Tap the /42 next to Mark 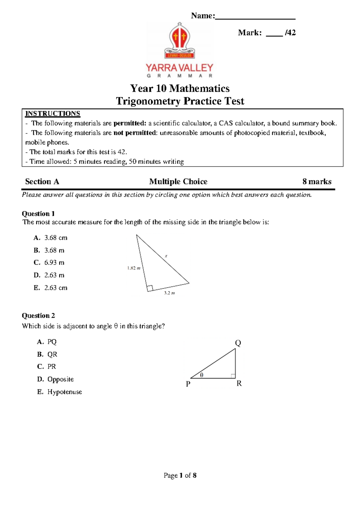[290, 32]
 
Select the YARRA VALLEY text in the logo [179, 68]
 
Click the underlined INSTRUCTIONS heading [52, 113]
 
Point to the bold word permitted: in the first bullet [130, 123]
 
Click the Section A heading [42, 182]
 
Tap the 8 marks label [317, 182]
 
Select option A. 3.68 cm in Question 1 [51, 238]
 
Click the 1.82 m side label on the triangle [134, 268]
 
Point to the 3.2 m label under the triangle [169, 293]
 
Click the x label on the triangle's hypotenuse [166, 256]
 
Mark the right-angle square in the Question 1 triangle [150, 288]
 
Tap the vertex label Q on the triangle [238, 343]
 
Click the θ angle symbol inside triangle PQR [202, 375]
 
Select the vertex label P [188, 384]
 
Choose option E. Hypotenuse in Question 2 [60, 392]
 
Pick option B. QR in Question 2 [47, 354]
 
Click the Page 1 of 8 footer [180, 475]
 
